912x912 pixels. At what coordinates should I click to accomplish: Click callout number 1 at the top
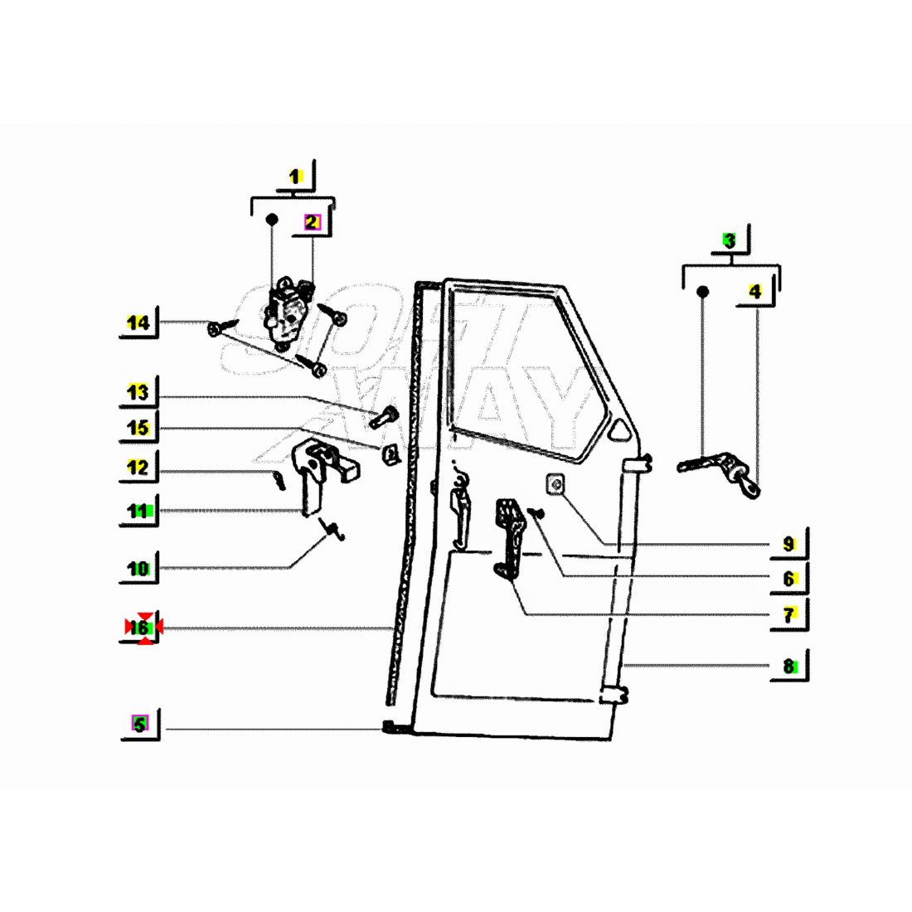[295, 177]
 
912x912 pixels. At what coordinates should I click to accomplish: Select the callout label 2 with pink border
[313, 221]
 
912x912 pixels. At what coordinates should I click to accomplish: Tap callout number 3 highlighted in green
[730, 240]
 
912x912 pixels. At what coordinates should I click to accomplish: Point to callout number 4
[754, 291]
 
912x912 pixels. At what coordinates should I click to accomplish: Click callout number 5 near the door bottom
[140, 725]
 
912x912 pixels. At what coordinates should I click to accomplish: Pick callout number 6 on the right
[789, 579]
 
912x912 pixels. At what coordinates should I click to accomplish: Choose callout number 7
[789, 615]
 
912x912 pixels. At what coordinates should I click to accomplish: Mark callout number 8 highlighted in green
[789, 666]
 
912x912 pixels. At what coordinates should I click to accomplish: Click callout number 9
[788, 544]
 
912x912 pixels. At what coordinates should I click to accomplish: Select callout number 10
[138, 568]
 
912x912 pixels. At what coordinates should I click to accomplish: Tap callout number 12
[138, 467]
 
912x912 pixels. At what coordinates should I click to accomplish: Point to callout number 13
[138, 393]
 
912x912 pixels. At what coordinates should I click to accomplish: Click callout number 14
[138, 323]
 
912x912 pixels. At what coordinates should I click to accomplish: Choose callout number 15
[138, 428]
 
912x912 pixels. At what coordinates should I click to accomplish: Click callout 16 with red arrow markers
[139, 628]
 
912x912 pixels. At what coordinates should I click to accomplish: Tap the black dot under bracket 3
[702, 291]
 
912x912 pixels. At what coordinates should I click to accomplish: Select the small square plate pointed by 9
[556, 484]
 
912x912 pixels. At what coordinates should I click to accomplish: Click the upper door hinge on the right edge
[637, 464]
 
